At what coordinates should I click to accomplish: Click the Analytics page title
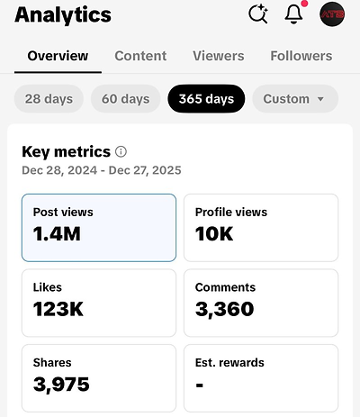pyautogui.click(x=63, y=15)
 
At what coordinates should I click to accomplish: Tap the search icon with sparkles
pyautogui.click(x=258, y=14)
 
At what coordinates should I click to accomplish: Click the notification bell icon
pyautogui.click(x=293, y=14)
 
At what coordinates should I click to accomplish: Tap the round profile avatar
pyautogui.click(x=332, y=14)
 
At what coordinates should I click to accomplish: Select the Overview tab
pyautogui.click(x=58, y=56)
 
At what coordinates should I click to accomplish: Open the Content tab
pyautogui.click(x=140, y=56)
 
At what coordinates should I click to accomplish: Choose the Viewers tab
pyautogui.click(x=219, y=56)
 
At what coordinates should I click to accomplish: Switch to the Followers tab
pyautogui.click(x=301, y=56)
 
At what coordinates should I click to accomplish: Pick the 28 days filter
pyautogui.click(x=49, y=99)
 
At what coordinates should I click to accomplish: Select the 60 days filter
pyautogui.click(x=125, y=99)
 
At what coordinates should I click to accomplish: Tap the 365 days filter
pyautogui.click(x=206, y=99)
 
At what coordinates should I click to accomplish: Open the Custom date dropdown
pyautogui.click(x=295, y=99)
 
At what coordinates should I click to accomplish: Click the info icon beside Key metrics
pyautogui.click(x=121, y=151)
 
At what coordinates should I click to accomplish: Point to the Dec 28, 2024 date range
pyautogui.click(x=102, y=170)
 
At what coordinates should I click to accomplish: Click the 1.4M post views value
pyautogui.click(x=57, y=234)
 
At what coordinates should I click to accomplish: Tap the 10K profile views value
pyautogui.click(x=214, y=234)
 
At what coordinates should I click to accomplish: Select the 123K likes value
pyautogui.click(x=58, y=309)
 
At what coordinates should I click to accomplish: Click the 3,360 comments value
pyautogui.click(x=225, y=310)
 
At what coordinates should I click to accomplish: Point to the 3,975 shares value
pyautogui.click(x=61, y=385)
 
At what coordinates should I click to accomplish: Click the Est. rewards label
pyautogui.click(x=229, y=363)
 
